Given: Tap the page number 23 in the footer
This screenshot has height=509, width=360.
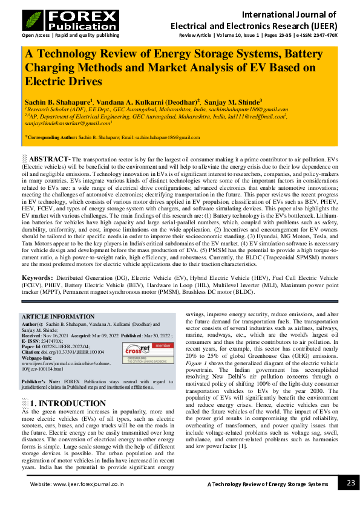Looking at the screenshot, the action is point(350,483).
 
